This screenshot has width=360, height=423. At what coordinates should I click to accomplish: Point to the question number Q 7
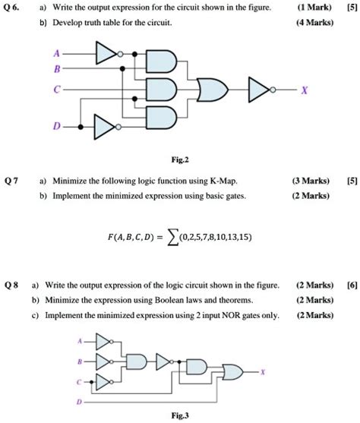(x=12, y=182)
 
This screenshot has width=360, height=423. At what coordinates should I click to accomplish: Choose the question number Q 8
(x=12, y=285)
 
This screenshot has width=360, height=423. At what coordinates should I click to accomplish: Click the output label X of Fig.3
(x=263, y=372)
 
